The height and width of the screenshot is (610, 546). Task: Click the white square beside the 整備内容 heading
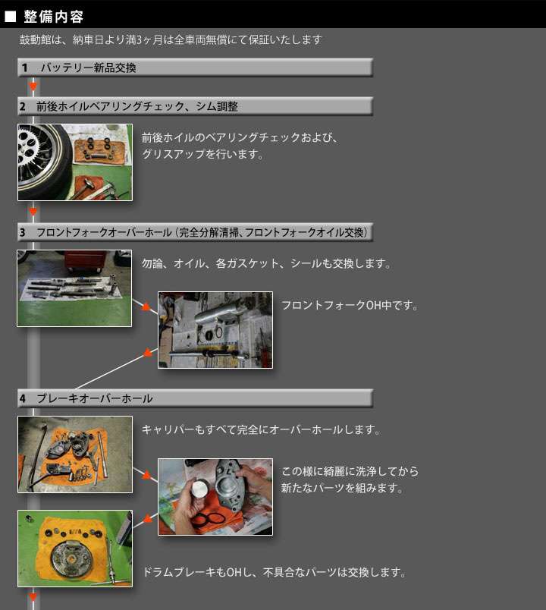pyautogui.click(x=10, y=17)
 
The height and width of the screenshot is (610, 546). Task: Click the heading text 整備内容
pyautogui.click(x=54, y=17)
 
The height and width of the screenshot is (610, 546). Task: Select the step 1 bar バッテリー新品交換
pyautogui.click(x=195, y=68)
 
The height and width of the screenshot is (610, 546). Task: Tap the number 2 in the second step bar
pyautogui.click(x=23, y=106)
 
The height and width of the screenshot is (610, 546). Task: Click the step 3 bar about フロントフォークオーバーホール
pyautogui.click(x=195, y=232)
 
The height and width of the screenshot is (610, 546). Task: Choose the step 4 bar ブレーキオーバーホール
pyautogui.click(x=195, y=398)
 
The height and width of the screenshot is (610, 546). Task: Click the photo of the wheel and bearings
pyautogui.click(x=75, y=162)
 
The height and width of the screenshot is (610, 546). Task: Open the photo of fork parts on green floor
pyautogui.click(x=74, y=288)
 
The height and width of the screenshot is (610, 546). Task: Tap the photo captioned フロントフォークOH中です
pyautogui.click(x=215, y=330)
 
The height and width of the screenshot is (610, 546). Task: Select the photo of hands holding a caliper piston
pyautogui.click(x=215, y=497)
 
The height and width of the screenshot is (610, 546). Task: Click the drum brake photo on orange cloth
pyautogui.click(x=75, y=549)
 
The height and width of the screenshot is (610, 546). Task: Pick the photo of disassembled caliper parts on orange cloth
pyautogui.click(x=75, y=454)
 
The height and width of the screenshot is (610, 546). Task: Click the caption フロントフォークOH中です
pyautogui.click(x=350, y=306)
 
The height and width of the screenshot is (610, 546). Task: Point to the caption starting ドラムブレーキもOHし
pyautogui.click(x=275, y=572)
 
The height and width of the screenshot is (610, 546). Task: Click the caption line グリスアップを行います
pyautogui.click(x=202, y=154)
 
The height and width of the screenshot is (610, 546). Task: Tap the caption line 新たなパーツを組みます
pyautogui.click(x=341, y=488)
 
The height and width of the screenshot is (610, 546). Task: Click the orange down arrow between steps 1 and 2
pyautogui.click(x=33, y=86)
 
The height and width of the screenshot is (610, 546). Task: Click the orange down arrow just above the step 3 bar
pyautogui.click(x=33, y=212)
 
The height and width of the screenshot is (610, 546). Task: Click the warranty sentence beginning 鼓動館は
pyautogui.click(x=171, y=39)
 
